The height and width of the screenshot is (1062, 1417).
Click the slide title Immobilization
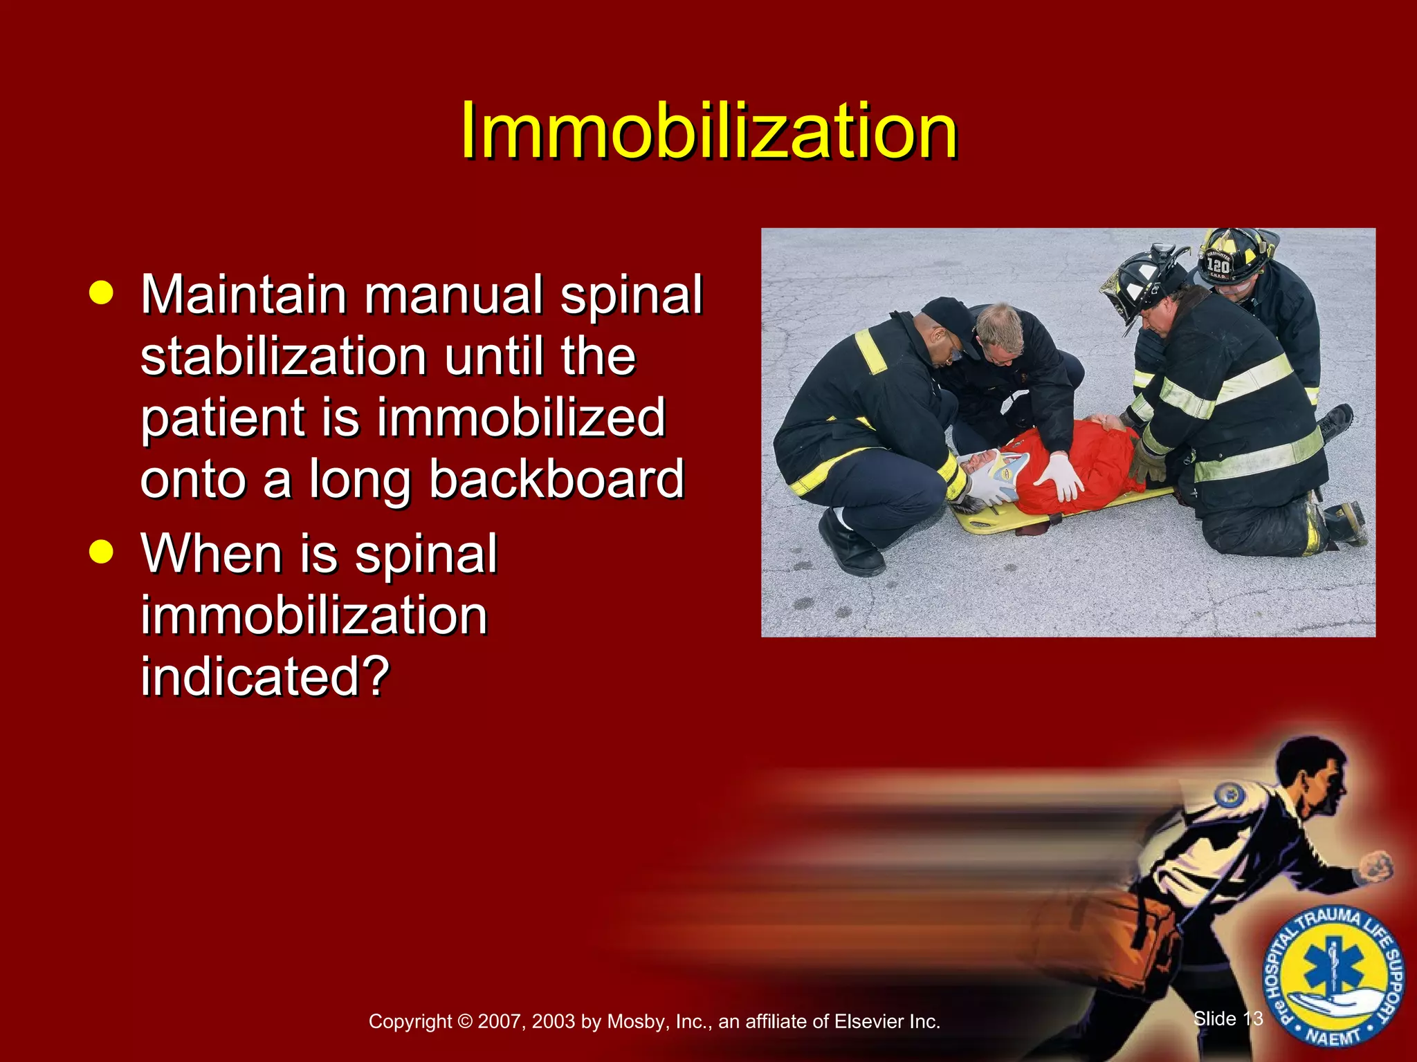point(708,130)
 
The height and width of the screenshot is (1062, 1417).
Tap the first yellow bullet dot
point(101,292)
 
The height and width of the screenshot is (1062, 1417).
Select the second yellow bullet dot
point(101,552)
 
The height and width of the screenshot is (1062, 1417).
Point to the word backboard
point(556,479)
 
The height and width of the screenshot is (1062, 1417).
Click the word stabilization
point(284,357)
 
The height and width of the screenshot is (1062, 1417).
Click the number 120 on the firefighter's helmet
point(1218,265)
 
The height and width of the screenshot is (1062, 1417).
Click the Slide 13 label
point(1228,1018)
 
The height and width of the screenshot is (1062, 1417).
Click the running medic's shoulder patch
point(1229,796)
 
